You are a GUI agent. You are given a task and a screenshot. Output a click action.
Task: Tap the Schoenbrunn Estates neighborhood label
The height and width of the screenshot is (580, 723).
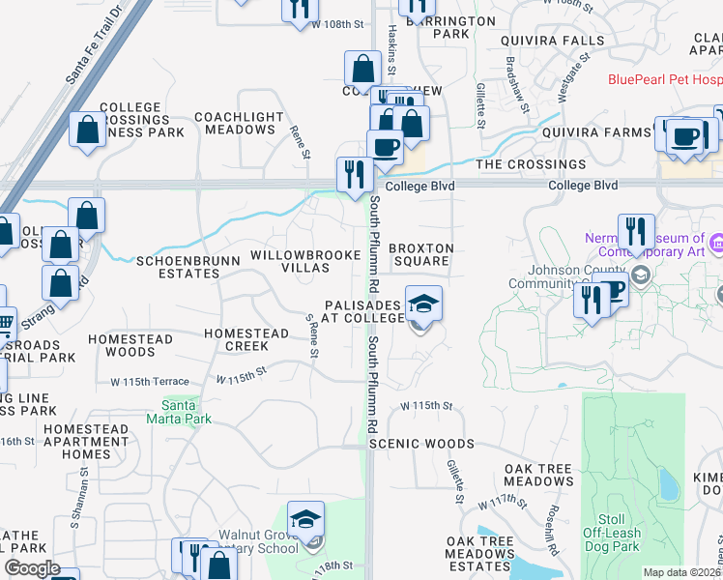pos(178,267)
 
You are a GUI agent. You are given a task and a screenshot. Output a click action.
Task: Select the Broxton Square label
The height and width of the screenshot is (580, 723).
pos(420,255)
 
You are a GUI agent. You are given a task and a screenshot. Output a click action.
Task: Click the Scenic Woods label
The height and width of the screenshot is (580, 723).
pos(422,444)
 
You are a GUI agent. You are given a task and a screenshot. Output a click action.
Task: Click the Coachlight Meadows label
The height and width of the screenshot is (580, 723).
pos(239,123)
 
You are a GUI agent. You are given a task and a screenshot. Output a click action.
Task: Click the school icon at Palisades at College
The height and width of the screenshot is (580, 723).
pos(422,304)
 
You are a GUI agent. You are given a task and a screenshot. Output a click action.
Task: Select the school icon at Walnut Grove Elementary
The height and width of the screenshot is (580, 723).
pos(305,519)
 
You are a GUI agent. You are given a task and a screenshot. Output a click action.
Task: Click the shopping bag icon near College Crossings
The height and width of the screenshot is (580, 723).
pos(88,130)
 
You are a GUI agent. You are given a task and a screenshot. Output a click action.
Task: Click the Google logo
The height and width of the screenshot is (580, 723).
pos(32,568)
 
